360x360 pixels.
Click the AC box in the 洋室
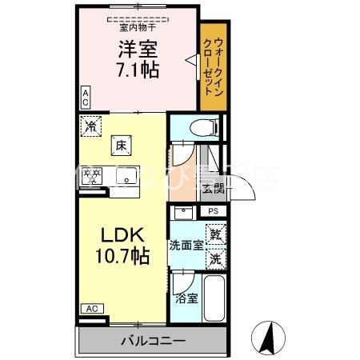click(85, 98)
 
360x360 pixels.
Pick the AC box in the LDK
click(91, 308)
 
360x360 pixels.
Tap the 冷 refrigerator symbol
click(91, 126)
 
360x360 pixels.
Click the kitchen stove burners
click(93, 174)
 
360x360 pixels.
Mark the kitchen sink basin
click(126, 175)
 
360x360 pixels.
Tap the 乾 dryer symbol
click(214, 235)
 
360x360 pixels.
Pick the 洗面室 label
click(185, 246)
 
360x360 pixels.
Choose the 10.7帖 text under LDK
click(122, 256)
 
